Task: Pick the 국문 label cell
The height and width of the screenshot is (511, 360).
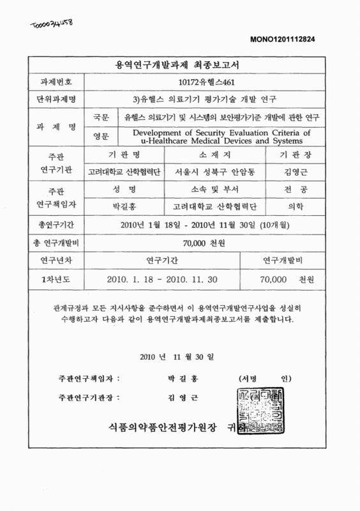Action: click(101, 118)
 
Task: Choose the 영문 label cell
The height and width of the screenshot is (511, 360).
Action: click(101, 135)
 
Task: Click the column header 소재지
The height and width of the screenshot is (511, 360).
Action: click(222, 155)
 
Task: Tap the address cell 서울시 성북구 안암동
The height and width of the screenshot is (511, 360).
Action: click(222, 171)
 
